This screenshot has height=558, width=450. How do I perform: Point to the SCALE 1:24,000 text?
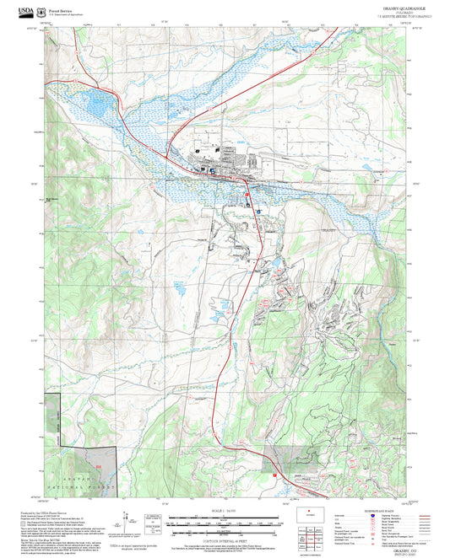point(225,511)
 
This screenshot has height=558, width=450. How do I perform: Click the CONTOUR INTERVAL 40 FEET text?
point(225,533)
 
